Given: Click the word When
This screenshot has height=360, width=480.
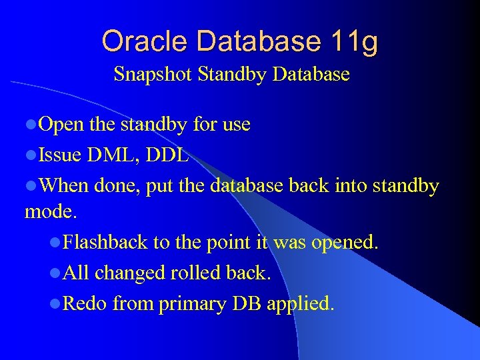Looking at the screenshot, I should click(x=64, y=186).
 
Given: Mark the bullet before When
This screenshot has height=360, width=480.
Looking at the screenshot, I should click(x=31, y=187).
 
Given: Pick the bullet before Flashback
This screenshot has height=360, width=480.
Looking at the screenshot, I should click(x=55, y=243).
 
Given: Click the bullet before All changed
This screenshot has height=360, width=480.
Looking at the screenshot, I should click(x=55, y=273).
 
